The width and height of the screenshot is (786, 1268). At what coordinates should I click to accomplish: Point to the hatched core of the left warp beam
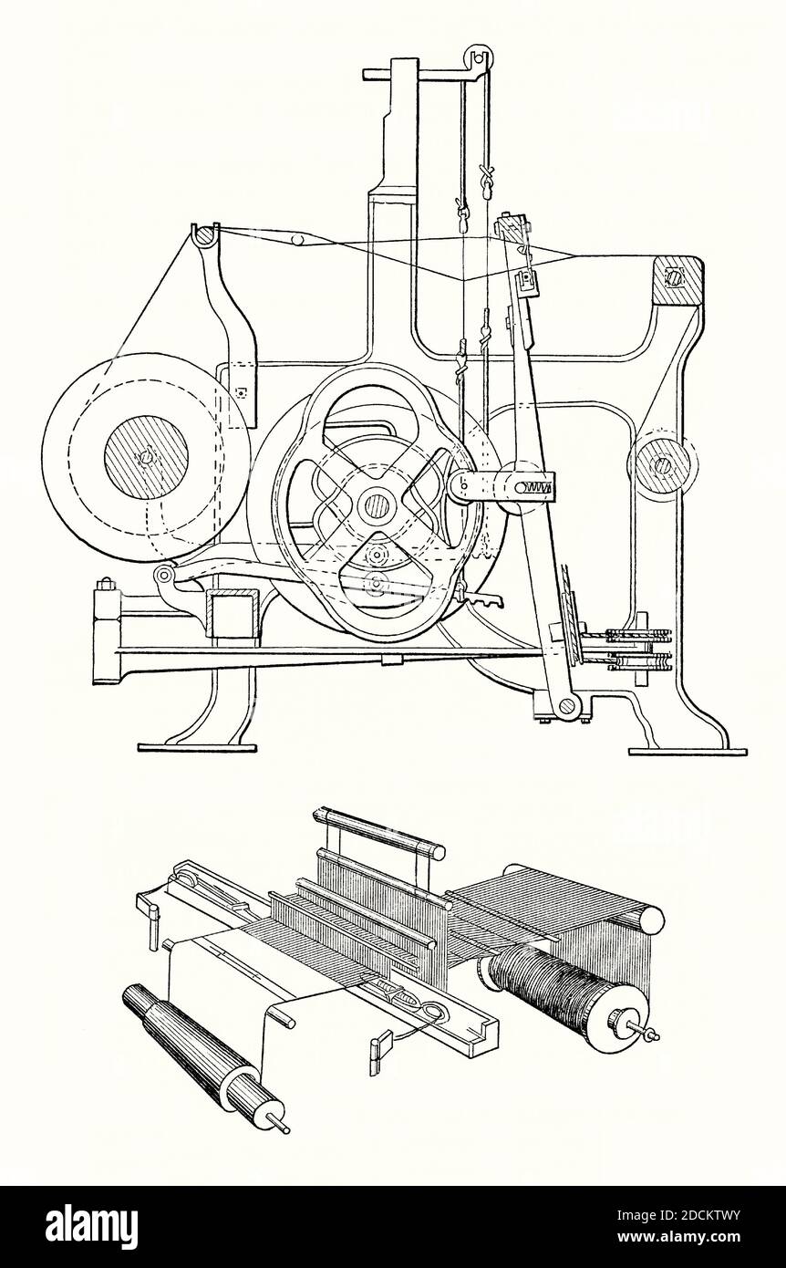(144, 457)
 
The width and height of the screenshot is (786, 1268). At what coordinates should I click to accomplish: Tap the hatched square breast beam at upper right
(677, 280)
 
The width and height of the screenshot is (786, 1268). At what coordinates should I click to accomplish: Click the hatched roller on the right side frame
(660, 465)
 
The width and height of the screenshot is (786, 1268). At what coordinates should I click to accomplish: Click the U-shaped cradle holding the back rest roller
(204, 236)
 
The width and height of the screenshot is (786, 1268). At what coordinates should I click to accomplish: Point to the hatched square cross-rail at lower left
(232, 613)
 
